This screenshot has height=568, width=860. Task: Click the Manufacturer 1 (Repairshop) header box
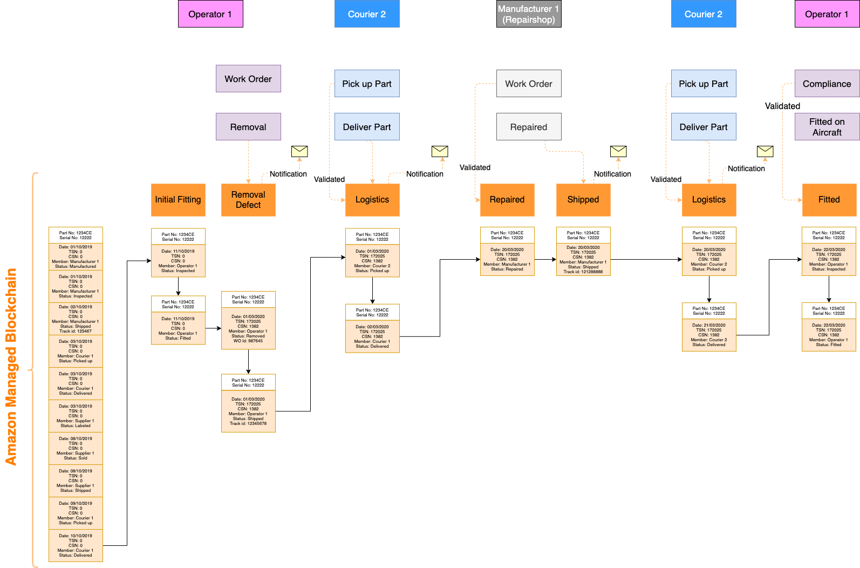pyautogui.click(x=529, y=14)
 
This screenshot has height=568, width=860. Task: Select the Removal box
pyautogui.click(x=248, y=127)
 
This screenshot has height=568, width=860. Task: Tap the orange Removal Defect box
pyautogui.click(x=248, y=200)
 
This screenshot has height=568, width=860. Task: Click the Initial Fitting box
pyautogui.click(x=178, y=200)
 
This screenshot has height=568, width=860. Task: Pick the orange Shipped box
pyautogui.click(x=583, y=200)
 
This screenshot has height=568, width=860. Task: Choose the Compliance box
pyautogui.click(x=827, y=84)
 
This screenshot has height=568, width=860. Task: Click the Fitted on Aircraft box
pyautogui.click(x=827, y=127)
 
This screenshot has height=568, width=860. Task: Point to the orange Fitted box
pyautogui.click(x=829, y=200)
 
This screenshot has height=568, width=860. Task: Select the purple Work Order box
pyautogui.click(x=248, y=79)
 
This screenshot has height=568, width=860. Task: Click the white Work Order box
pyautogui.click(x=529, y=84)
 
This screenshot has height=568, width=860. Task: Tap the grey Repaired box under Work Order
pyautogui.click(x=529, y=127)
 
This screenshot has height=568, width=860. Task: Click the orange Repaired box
pyautogui.click(x=507, y=200)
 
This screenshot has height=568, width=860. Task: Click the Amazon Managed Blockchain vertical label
pyautogui.click(x=11, y=367)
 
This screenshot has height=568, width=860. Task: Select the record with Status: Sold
pyautogui.click(x=76, y=448)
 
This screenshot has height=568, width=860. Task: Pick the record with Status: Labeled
pyautogui.click(x=76, y=416)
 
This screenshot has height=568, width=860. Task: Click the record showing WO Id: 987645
pyautogui.click(x=248, y=328)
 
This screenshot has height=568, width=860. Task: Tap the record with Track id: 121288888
pyautogui.click(x=583, y=259)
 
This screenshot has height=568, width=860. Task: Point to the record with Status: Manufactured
pyautogui.click(x=76, y=256)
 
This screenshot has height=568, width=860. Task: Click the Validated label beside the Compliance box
pyautogui.click(x=782, y=106)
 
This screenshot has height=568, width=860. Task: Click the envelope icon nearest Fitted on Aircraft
pyautogui.click(x=765, y=151)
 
